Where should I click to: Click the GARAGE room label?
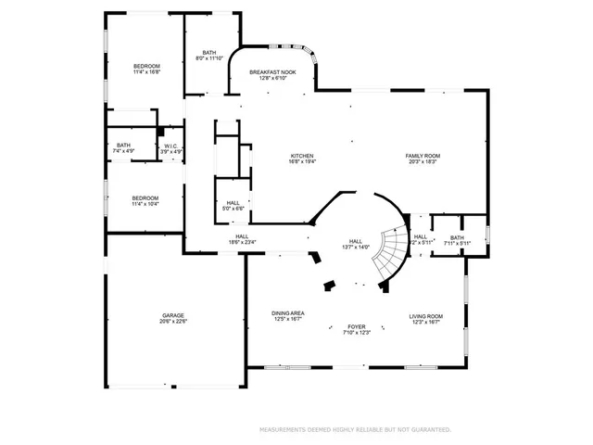[174, 316]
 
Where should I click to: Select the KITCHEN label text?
[302, 156]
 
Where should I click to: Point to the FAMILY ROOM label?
[422, 156]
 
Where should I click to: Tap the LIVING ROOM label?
[426, 316]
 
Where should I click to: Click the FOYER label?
[357, 326]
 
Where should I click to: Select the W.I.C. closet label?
[171, 146]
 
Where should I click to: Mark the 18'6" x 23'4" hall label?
[242, 239]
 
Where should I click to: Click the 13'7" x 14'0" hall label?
[357, 243]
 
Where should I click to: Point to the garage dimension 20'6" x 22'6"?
[174, 323]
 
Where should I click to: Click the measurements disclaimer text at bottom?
[356, 430]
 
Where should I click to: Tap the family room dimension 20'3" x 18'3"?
[422, 161]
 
